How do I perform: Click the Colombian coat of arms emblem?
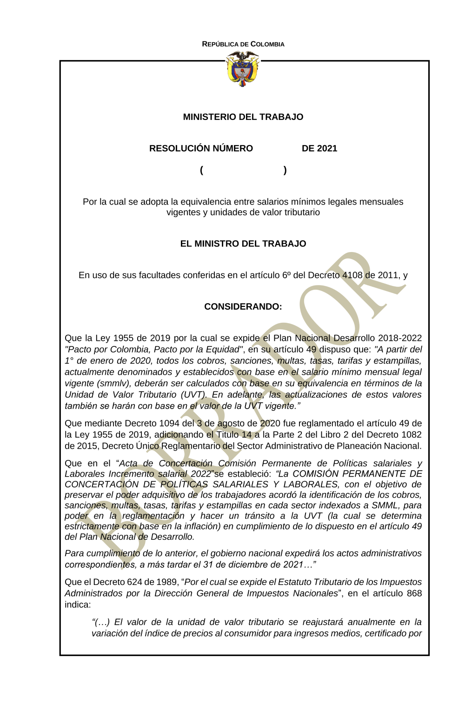coord(242,69)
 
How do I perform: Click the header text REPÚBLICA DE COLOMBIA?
coord(243,44)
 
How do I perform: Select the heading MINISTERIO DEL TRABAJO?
coord(243,117)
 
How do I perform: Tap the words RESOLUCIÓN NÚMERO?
coord(201,148)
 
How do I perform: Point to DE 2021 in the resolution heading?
coord(319,148)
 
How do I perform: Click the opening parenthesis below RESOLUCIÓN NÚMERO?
coord(201,170)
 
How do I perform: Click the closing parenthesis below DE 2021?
coord(285,170)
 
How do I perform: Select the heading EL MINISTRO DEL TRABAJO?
coord(243,244)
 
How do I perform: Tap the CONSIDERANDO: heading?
coord(243,307)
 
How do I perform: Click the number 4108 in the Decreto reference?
coord(352,275)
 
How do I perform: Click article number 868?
coord(413,593)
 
